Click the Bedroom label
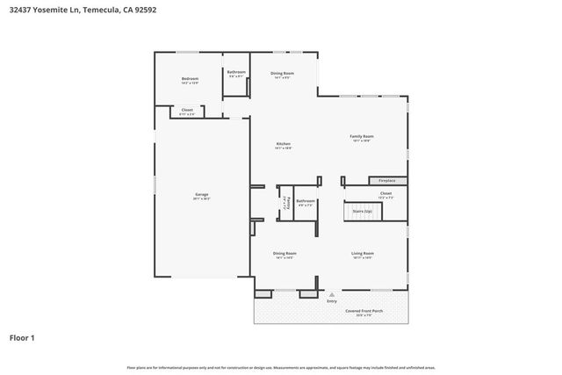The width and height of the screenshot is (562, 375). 190,79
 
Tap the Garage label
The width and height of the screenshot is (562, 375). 201,194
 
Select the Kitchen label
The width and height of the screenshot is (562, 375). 283,144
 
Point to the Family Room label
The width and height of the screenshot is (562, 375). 362,136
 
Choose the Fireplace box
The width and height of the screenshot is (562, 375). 386,181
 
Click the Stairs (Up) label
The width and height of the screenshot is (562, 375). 362,212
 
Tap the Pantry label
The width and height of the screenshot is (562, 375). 285,203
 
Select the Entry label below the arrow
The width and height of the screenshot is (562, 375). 331,301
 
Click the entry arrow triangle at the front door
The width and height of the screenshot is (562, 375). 331,293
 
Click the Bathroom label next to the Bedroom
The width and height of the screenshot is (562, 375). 235,71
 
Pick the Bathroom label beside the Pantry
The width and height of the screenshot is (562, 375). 305,201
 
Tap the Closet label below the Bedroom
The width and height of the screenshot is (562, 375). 187,110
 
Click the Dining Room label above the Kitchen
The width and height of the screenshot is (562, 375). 282,73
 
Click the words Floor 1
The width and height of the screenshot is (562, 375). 22,336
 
